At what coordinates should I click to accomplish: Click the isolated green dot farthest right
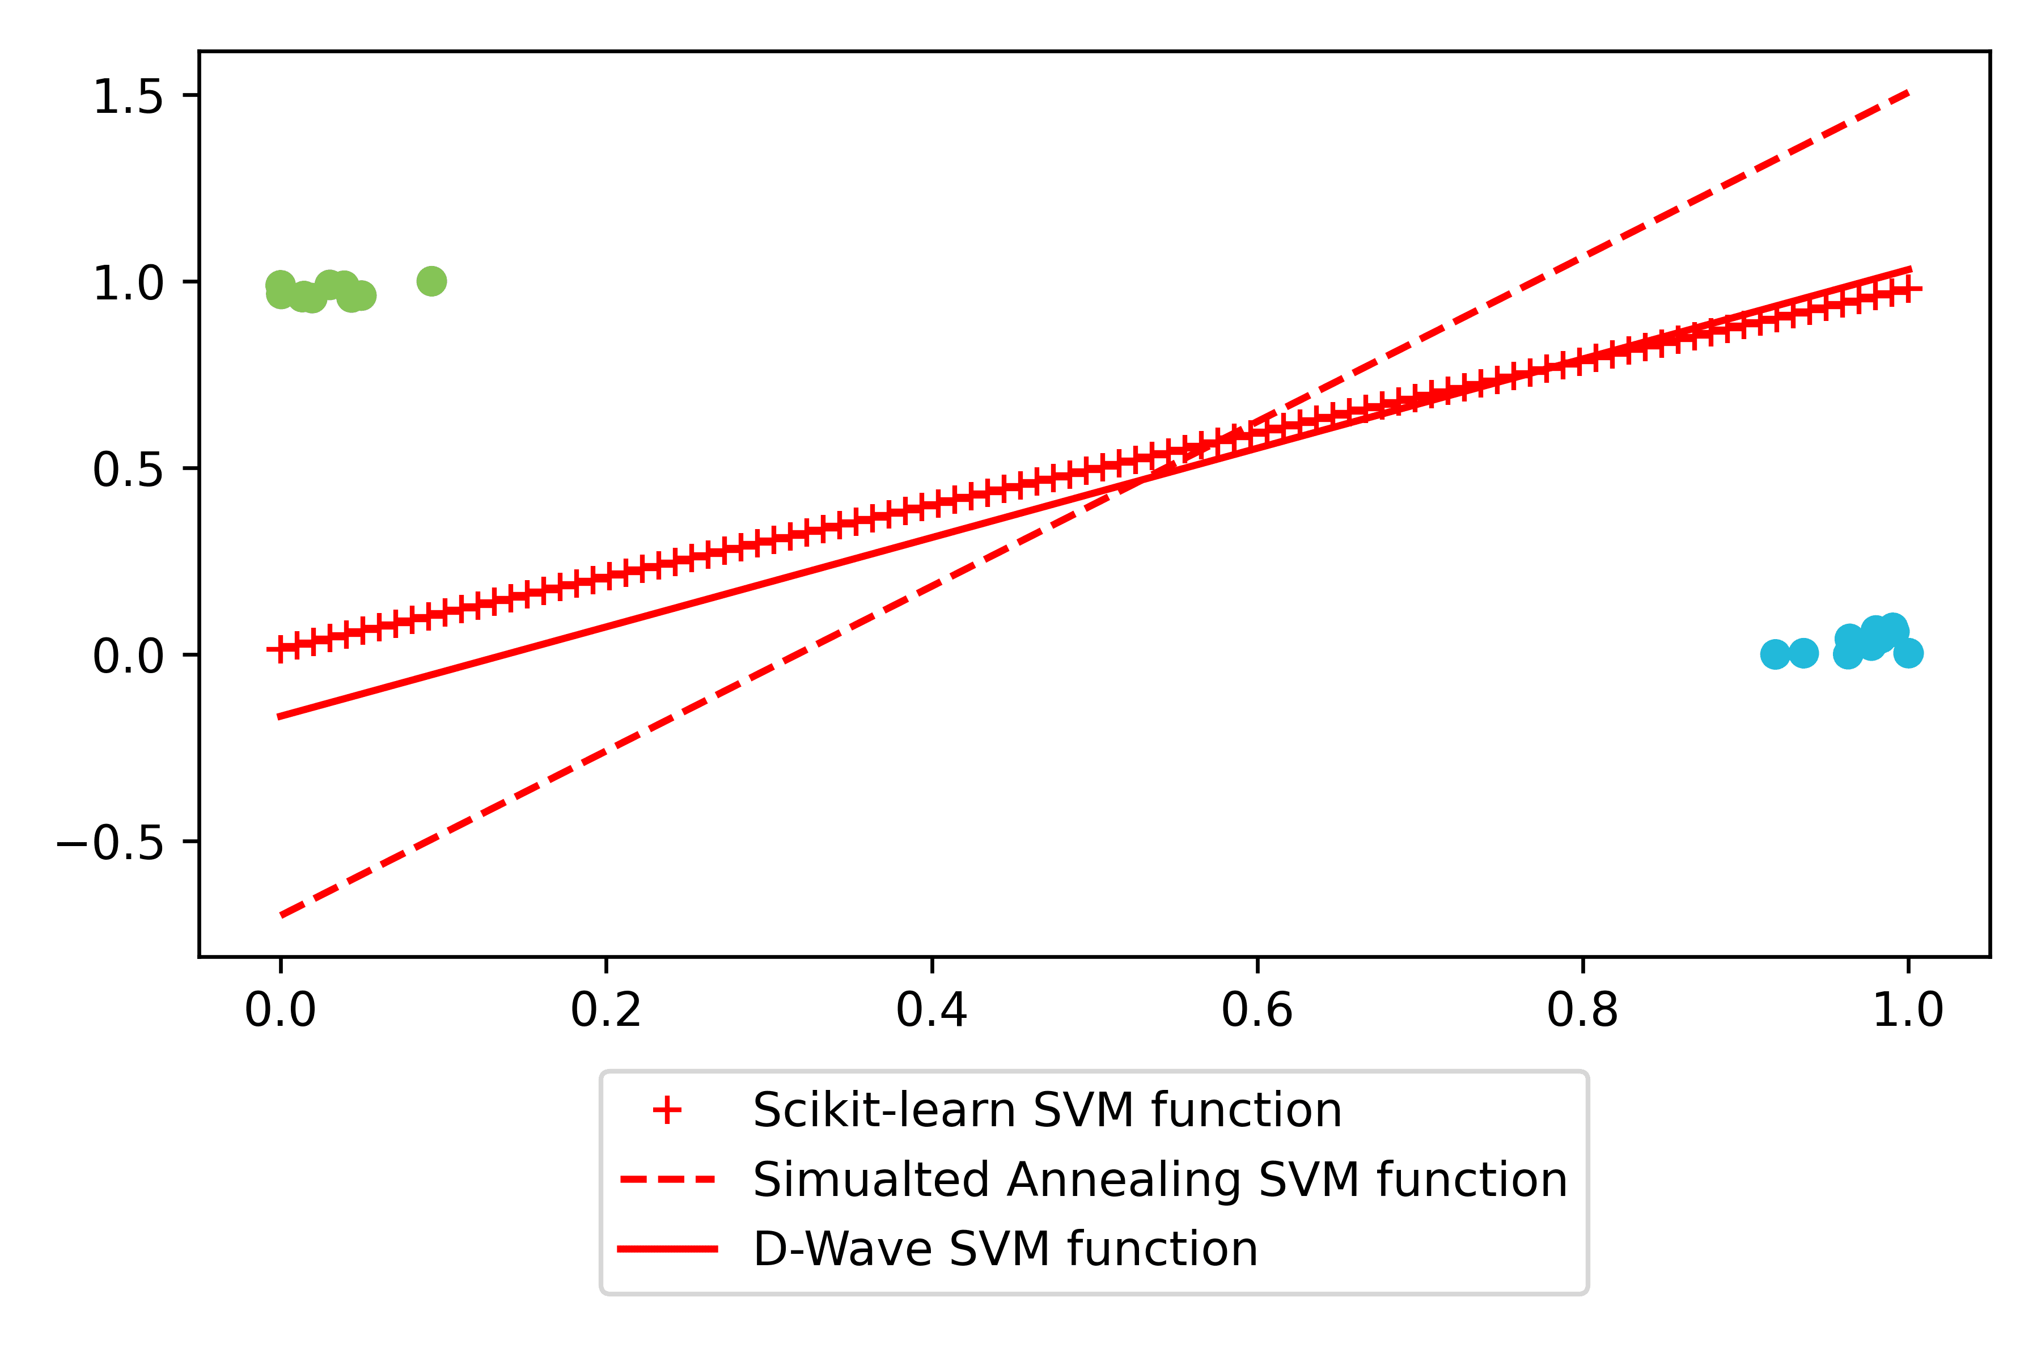[x=431, y=281]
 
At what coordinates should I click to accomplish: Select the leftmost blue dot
[x=1776, y=654]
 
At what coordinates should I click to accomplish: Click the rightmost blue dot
[x=1907, y=653]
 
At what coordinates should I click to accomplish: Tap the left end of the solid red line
[x=280, y=716]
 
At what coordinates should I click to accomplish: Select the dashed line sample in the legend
[x=667, y=1180]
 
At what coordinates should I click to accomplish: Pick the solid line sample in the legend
[x=667, y=1249]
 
